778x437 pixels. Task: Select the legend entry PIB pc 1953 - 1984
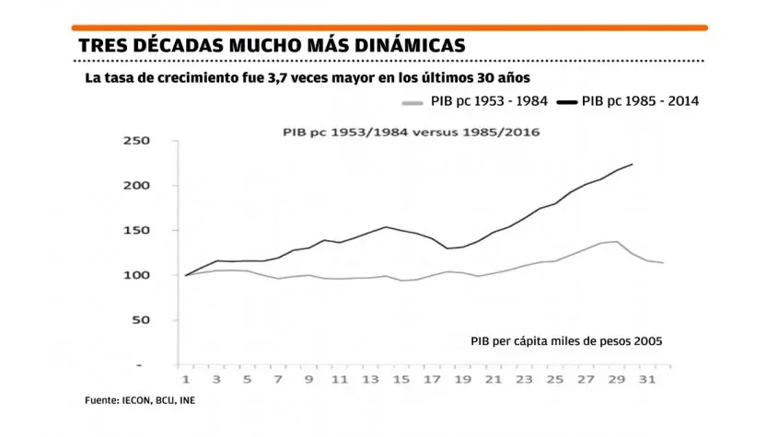tap(484, 101)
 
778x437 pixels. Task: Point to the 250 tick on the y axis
tap(136, 141)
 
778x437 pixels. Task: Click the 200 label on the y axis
tap(136, 186)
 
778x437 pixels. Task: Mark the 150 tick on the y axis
tap(136, 231)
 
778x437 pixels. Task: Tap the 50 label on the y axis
tap(140, 321)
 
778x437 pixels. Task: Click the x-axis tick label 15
tap(403, 378)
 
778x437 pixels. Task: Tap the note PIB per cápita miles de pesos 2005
tap(565, 340)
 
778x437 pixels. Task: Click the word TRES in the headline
tap(102, 45)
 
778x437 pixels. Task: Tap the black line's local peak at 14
tap(386, 226)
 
